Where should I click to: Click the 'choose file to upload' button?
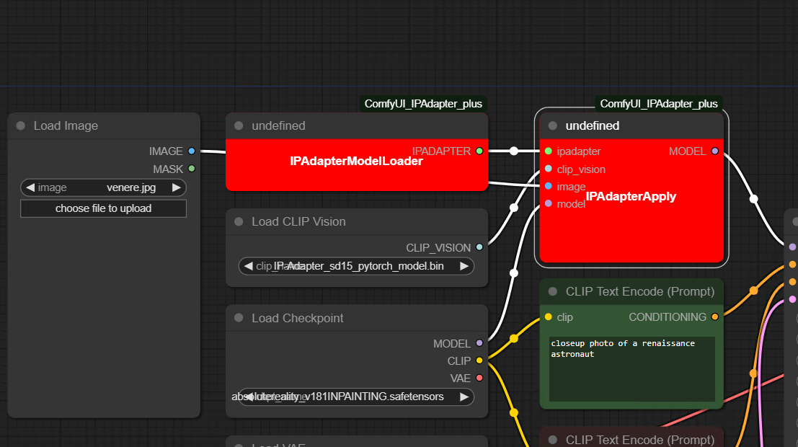[103, 208]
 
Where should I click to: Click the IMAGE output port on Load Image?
[191, 151]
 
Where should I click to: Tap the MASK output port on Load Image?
[191, 169]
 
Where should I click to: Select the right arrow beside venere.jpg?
[176, 187]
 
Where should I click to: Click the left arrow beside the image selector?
[30, 187]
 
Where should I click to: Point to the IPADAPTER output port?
[479, 151]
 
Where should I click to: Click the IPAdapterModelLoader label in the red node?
[356, 161]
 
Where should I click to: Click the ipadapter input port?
[549, 151]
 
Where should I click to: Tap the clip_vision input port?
[549, 169]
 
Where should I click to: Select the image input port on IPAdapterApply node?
[549, 186]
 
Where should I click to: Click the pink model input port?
[549, 203]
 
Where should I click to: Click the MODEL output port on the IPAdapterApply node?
[714, 151]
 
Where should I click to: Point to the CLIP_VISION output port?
[479, 247]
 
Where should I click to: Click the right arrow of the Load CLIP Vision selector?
[464, 266]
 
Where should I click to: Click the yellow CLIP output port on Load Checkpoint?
[479, 360]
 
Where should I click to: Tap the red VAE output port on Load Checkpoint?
[479, 378]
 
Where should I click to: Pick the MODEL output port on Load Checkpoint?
[479, 343]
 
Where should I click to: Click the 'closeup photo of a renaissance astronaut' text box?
[631, 368]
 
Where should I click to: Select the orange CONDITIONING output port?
[714, 317]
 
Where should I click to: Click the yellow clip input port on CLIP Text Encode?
[549, 317]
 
